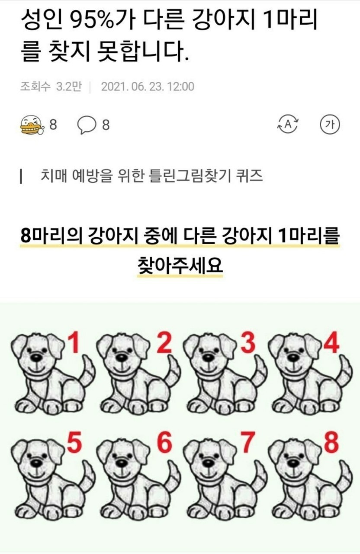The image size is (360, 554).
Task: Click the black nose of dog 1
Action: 37,357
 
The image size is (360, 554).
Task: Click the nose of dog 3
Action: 209,357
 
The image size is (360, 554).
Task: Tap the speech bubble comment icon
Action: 87,125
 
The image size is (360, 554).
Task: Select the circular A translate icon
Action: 288,124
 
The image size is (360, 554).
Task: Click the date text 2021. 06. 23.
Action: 132,87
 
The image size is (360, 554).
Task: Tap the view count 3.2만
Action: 69,87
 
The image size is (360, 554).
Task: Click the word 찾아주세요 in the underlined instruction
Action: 180,265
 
